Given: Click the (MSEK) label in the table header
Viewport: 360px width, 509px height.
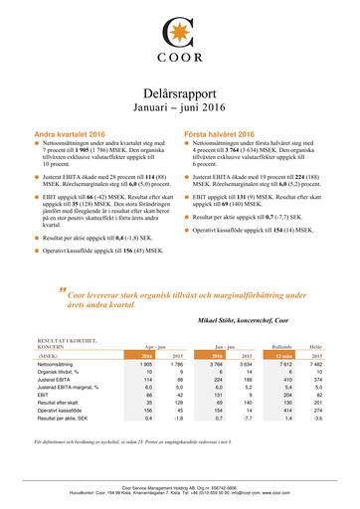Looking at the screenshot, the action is (48, 354).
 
